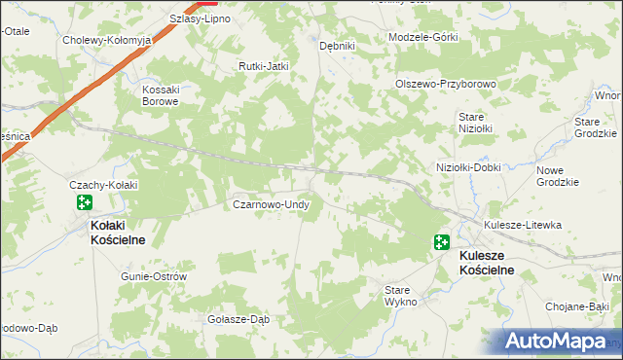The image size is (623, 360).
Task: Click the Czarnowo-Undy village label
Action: (271, 205)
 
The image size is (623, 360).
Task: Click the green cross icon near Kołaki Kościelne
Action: (84, 202)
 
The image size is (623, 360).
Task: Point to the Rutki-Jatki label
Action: (265, 66)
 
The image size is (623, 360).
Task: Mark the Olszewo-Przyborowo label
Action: (446, 84)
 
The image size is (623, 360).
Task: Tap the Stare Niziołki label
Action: (477, 122)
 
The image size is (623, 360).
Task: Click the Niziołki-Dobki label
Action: (468, 166)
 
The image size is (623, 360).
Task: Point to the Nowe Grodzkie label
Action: (557, 175)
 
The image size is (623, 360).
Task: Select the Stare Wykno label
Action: (400, 296)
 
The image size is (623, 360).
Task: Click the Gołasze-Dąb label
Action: (238, 318)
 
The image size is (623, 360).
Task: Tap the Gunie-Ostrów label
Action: (154, 276)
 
